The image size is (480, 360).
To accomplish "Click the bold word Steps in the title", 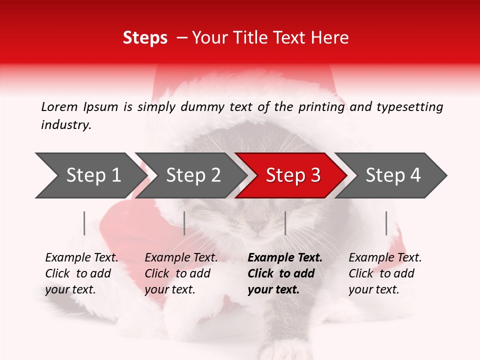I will click(x=145, y=38).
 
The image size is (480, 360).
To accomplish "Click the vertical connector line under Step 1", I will click(x=84, y=223).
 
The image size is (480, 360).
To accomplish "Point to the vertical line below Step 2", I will click(x=184, y=223).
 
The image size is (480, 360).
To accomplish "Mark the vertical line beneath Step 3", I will click(x=285, y=223).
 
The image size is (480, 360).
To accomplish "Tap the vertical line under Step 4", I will click(x=386, y=223).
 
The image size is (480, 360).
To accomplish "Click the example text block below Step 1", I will click(x=81, y=273).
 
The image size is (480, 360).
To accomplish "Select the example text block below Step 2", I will click(x=181, y=273).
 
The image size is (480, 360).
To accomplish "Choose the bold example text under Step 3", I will click(x=285, y=273).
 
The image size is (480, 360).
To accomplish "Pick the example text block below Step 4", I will click(x=385, y=273).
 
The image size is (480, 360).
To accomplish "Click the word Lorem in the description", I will click(x=59, y=106).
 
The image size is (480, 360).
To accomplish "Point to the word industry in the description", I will click(x=66, y=125).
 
